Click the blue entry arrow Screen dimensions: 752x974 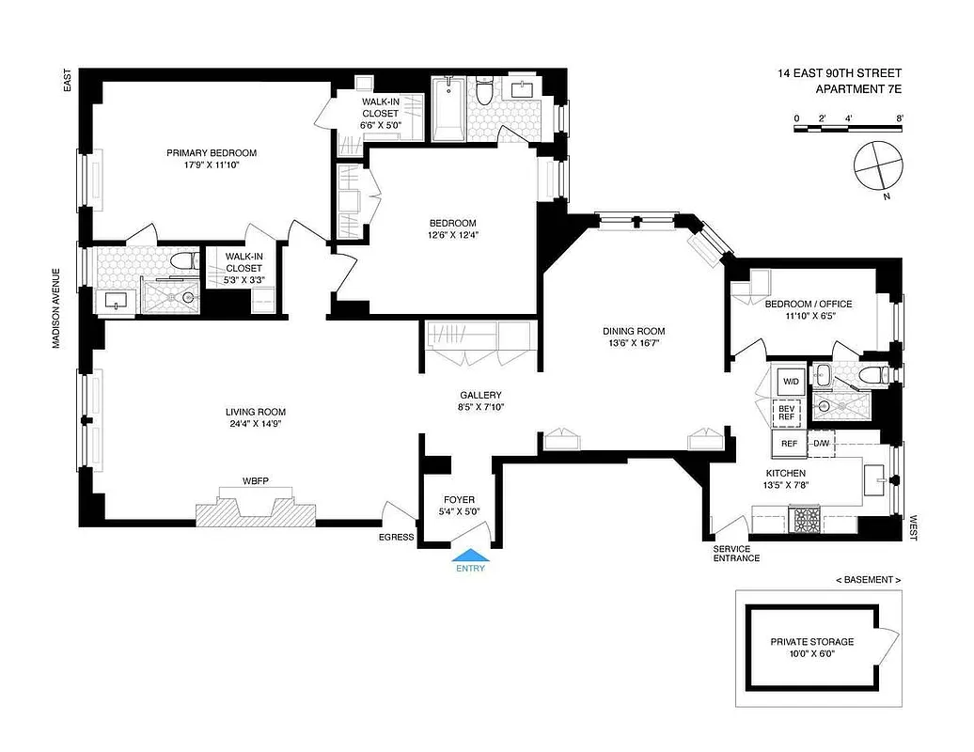[470, 555]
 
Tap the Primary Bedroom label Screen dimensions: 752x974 [212, 153]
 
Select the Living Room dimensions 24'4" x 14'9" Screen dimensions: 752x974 [255, 423]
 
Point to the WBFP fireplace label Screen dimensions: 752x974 [256, 480]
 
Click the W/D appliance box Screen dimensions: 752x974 [790, 382]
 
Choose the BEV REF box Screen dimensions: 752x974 [787, 412]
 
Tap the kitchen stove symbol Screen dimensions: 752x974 [807, 520]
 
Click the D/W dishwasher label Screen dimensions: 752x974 [820, 443]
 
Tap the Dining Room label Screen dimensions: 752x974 [634, 331]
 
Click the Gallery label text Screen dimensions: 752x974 [480, 395]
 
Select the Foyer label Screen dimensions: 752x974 [460, 499]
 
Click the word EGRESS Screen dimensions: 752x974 [396, 537]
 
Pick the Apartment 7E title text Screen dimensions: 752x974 [858, 90]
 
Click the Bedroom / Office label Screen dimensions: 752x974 [808, 304]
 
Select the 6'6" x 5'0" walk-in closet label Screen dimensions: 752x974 [382, 123]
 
